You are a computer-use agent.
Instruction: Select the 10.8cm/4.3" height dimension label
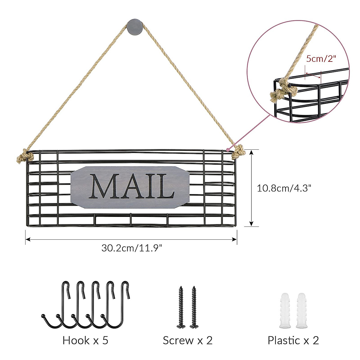pyautogui.click(x=284, y=188)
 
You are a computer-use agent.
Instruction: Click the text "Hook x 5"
pyautogui.click(x=85, y=340)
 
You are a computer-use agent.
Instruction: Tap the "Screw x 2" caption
pyautogui.click(x=187, y=340)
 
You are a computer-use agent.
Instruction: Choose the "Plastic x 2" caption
pyautogui.click(x=293, y=340)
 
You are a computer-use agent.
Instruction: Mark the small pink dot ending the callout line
pyautogui.click(x=228, y=149)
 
